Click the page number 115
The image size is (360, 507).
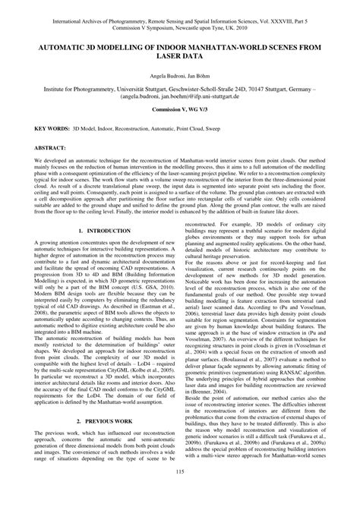(x=180, y=494)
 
